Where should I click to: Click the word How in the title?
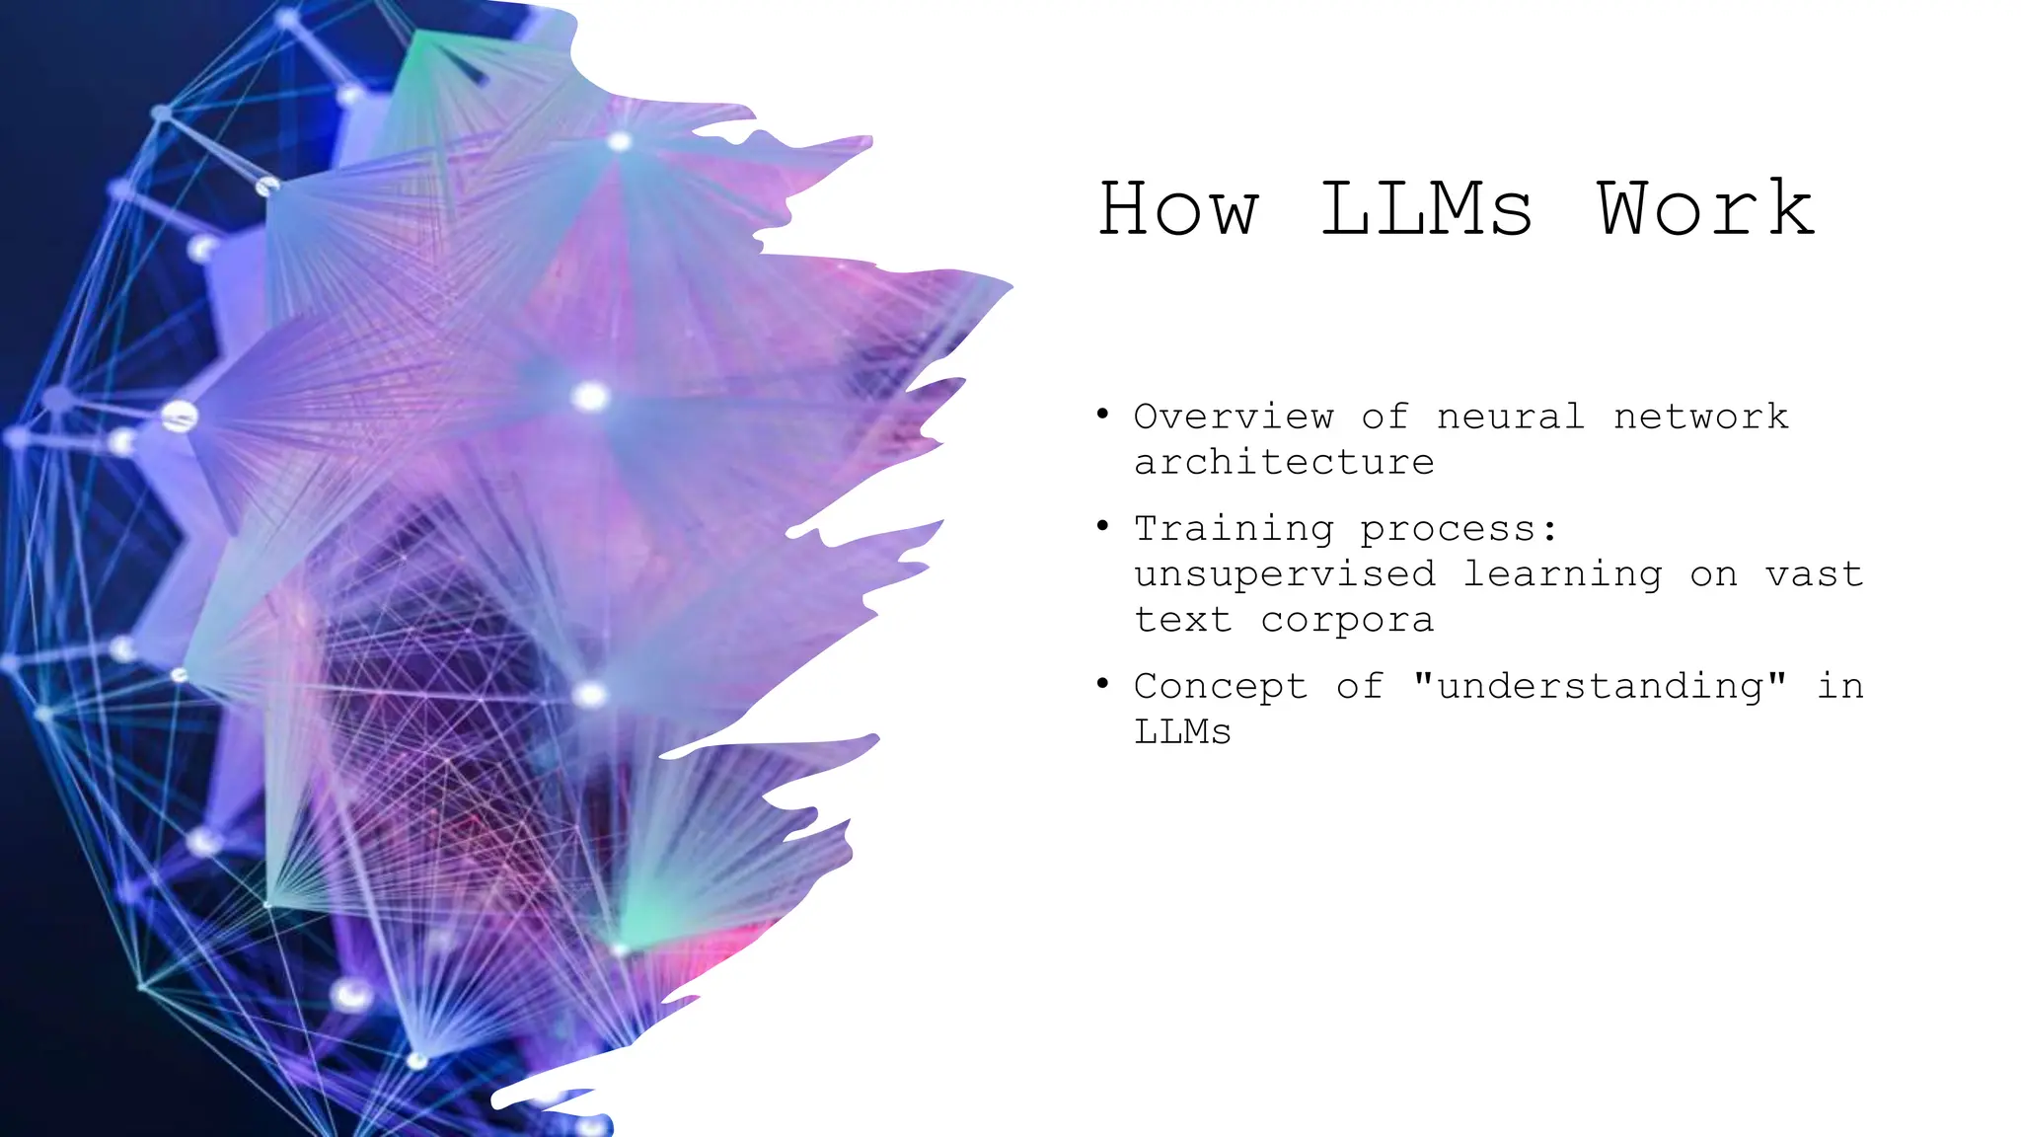pos(1178,208)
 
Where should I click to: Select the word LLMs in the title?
pos(1426,208)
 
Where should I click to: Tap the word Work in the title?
pos(1705,208)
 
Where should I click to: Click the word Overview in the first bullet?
pos(1234,417)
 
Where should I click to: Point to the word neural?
pos(1511,417)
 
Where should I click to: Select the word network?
pos(1700,417)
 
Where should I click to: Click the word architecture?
pos(1284,462)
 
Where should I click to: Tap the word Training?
pos(1234,529)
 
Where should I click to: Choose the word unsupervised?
pos(1284,574)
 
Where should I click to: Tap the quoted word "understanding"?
pos(1600,686)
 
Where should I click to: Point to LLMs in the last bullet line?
pos(1182,732)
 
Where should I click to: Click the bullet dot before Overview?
pos(1102,415)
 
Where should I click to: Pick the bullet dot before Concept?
pos(1102,684)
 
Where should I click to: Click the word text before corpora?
pos(1182,620)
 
